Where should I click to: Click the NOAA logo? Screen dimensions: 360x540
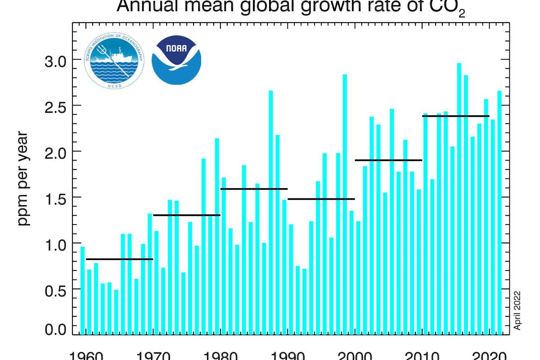click(176, 60)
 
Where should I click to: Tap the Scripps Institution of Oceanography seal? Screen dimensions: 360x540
click(114, 60)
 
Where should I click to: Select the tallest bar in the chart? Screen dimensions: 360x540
click(459, 198)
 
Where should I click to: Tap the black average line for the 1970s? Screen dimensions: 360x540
click(187, 215)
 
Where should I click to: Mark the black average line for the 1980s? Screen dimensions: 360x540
click(254, 189)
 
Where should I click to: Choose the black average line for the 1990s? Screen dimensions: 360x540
click(321, 199)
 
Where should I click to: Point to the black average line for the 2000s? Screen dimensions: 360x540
click(388, 160)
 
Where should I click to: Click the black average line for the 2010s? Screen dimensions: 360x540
click(455, 116)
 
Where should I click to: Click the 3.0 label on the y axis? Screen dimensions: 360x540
click(55, 60)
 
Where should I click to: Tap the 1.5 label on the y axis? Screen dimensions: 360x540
click(55, 198)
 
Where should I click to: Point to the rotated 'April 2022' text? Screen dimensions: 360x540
click(517, 310)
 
